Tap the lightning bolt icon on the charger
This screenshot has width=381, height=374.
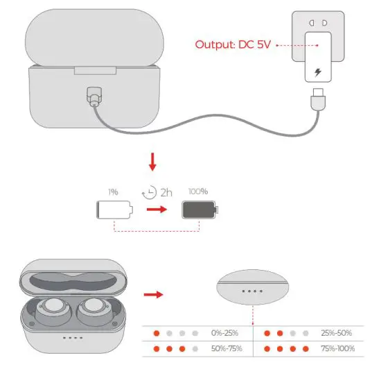pos(318,71)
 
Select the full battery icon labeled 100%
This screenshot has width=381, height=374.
pos(199,209)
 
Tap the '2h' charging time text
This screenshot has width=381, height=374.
pos(166,192)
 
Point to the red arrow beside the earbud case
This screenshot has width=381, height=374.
pos(153,294)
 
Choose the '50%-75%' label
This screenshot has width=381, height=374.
pos(228,348)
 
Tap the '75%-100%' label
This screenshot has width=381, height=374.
pos(337,348)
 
